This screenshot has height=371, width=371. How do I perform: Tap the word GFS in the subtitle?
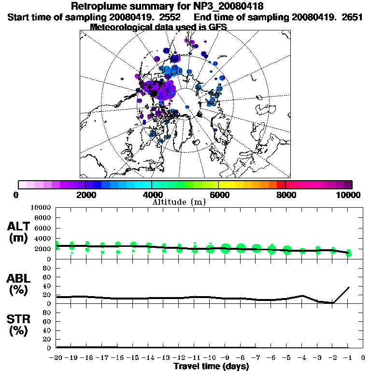coord(218,27)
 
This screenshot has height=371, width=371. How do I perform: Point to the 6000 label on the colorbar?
coord(218,195)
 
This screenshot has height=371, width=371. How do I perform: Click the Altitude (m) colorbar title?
coord(180,201)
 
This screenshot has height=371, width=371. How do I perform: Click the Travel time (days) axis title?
coord(211,366)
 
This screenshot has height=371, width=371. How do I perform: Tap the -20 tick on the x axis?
coord(57,358)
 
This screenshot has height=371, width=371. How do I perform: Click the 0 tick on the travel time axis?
coord(363,358)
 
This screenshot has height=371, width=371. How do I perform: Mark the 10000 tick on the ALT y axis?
coord(42,207)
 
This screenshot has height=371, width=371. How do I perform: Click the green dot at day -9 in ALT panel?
coord(226,249)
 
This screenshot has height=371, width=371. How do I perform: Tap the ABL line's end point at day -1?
coord(348,287)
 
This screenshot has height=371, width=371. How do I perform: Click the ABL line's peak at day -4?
coord(302,296)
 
